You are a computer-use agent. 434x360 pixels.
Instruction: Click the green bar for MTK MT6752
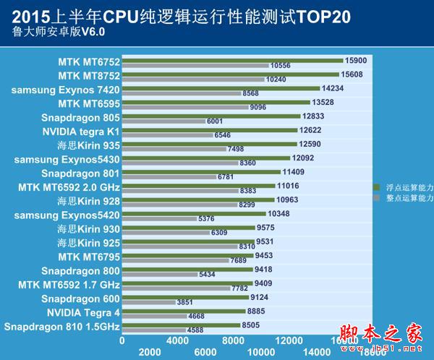point(231,60)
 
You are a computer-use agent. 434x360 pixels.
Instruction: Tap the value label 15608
point(354,74)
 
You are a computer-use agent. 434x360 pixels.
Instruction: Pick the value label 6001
point(216,121)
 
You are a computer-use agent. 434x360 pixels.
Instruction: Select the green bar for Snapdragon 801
point(200,172)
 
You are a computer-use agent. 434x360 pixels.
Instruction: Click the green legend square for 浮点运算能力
point(375,187)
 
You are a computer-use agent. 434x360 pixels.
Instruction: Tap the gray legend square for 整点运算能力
point(375,197)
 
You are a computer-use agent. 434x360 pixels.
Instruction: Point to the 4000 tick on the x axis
point(177,340)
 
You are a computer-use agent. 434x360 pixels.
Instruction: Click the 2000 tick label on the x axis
point(150,351)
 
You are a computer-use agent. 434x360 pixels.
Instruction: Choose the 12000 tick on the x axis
point(288,340)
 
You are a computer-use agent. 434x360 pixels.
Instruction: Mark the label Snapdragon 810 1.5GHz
point(61,327)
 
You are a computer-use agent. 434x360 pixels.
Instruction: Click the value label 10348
point(279,214)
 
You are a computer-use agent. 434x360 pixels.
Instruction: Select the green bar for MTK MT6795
point(187,255)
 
